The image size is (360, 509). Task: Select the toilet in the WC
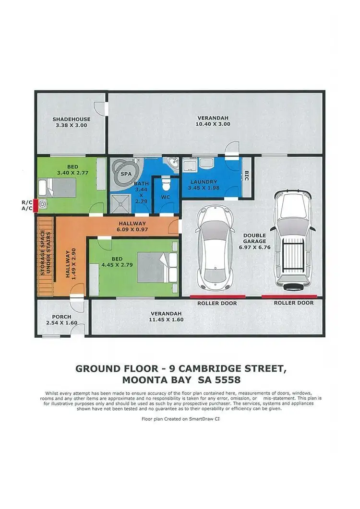click(165, 183)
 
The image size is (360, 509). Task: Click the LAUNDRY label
click(204, 182)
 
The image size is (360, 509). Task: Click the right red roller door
click(289, 296)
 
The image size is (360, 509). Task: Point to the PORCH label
click(61, 317)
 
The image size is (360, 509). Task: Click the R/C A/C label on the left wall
click(27, 205)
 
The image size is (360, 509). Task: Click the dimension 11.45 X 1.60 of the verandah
click(167, 319)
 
